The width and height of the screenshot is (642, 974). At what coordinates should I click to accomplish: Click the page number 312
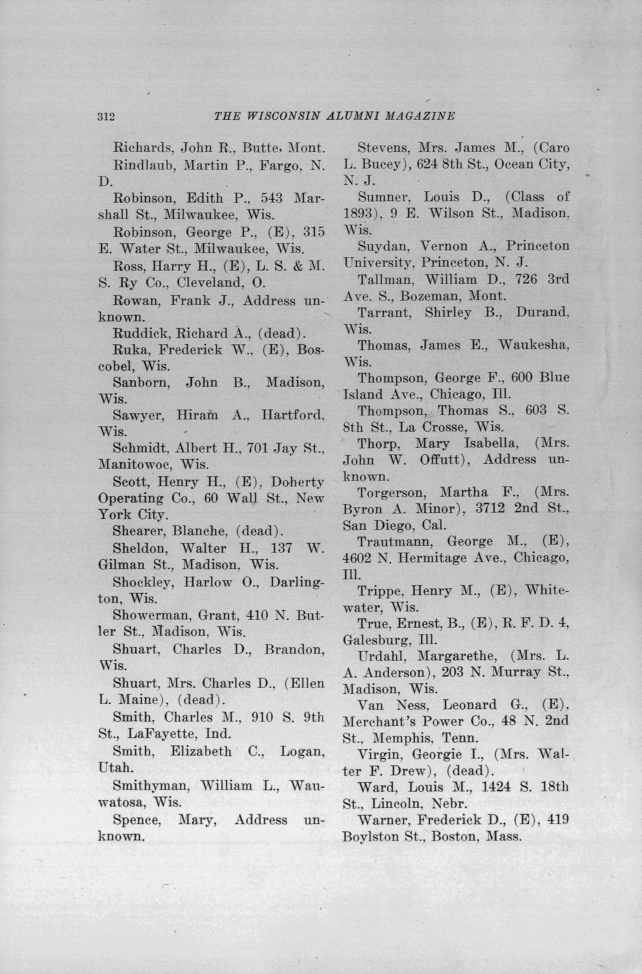[x=106, y=117]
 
